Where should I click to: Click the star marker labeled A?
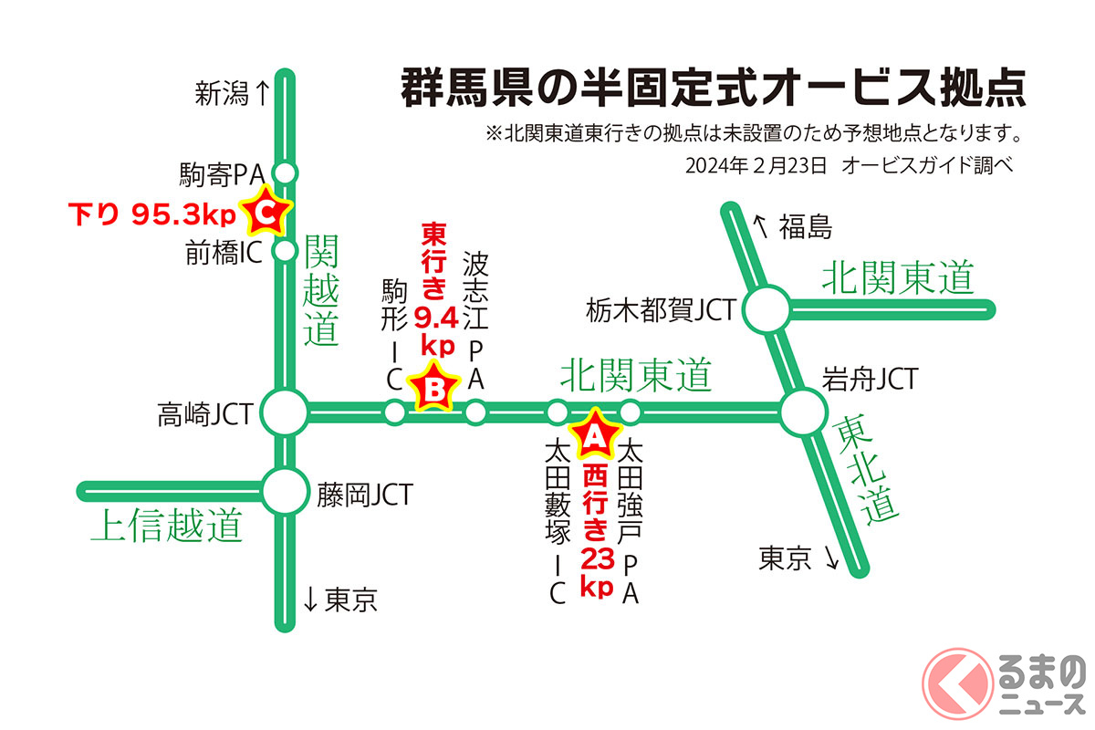pyautogui.click(x=594, y=435)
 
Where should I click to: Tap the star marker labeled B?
pyautogui.click(x=434, y=390)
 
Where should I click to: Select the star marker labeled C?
pyautogui.click(x=264, y=213)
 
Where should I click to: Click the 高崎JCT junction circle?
pyautogui.click(x=286, y=412)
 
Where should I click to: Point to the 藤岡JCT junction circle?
pyautogui.click(x=286, y=492)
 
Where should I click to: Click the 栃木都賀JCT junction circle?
pyautogui.click(x=766, y=310)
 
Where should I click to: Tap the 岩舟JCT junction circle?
pyautogui.click(x=804, y=412)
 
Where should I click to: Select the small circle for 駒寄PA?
pyautogui.click(x=286, y=172)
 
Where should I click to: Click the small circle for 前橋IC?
pyautogui.click(x=286, y=249)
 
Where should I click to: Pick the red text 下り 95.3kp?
pyautogui.click(x=151, y=214)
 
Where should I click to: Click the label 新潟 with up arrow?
pyautogui.click(x=232, y=93)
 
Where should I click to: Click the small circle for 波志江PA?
pyautogui.click(x=475, y=412)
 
